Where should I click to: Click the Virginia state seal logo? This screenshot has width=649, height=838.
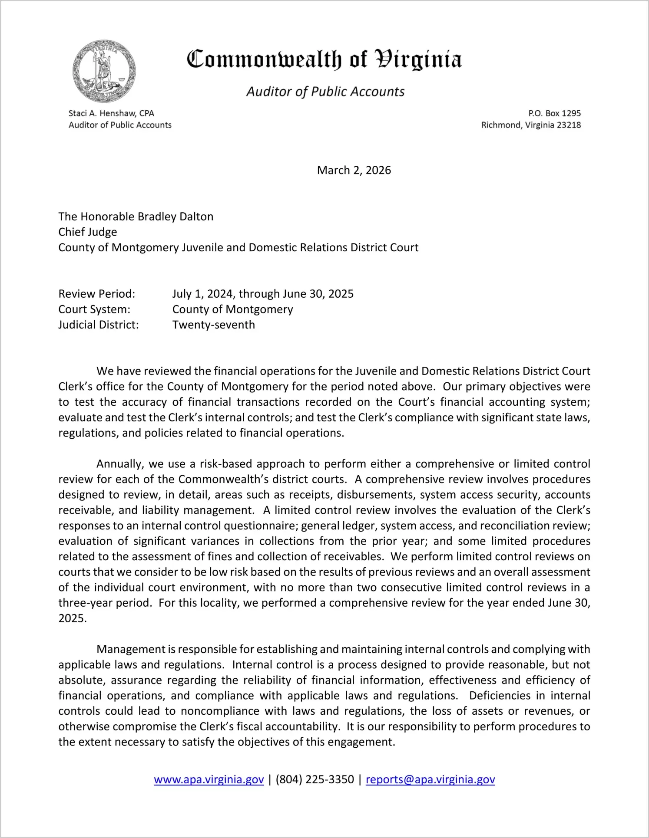[104, 72]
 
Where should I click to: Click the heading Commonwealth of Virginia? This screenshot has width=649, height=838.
[324, 60]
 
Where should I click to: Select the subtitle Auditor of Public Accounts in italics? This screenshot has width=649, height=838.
[325, 92]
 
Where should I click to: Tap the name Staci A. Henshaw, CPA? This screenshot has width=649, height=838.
[111, 113]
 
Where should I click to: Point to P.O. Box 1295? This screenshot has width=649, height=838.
[554, 113]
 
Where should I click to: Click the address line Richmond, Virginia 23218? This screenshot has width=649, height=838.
[531, 125]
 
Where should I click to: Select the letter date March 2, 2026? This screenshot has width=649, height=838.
[354, 170]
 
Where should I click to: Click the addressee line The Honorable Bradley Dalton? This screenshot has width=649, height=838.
[136, 217]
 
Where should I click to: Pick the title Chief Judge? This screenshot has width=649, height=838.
[88, 232]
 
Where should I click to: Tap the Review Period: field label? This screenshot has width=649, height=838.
[97, 294]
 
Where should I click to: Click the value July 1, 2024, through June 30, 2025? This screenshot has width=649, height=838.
[263, 294]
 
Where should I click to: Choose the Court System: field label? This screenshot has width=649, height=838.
[94, 309]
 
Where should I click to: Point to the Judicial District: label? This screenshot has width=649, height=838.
[99, 325]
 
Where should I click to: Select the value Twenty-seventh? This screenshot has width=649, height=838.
[213, 325]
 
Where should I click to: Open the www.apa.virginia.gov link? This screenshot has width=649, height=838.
[209, 779]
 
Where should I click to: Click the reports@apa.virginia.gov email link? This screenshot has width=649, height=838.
[430, 779]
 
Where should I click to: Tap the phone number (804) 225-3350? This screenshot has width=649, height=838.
[315, 779]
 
